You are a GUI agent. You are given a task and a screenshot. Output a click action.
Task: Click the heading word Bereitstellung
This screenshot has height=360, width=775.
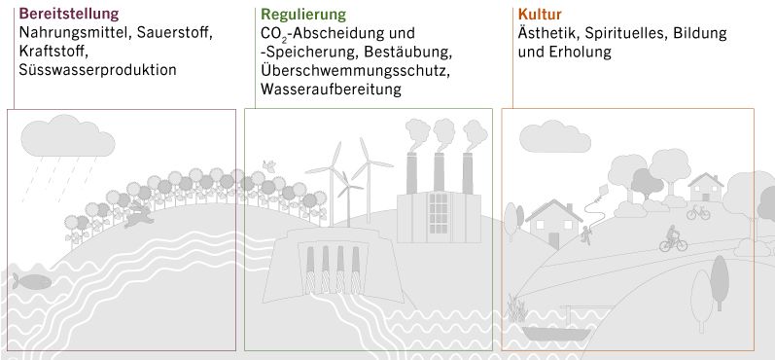coord(69,15)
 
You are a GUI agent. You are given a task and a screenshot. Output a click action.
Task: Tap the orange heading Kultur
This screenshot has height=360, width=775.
coord(540,15)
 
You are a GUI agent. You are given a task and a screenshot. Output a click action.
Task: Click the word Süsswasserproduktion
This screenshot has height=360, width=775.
coord(98,70)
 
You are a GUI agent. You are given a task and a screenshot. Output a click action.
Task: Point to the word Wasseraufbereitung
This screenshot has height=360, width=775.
coord(332,89)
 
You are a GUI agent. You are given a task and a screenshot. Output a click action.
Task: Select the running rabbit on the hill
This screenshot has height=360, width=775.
coord(139,215)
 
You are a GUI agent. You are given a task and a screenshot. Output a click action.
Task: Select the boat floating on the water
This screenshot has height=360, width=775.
coord(555,332)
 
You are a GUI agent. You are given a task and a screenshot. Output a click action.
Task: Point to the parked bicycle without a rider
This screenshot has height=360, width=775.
coord(698,211)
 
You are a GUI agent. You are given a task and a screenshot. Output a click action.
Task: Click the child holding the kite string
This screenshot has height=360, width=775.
coord(587,234)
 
